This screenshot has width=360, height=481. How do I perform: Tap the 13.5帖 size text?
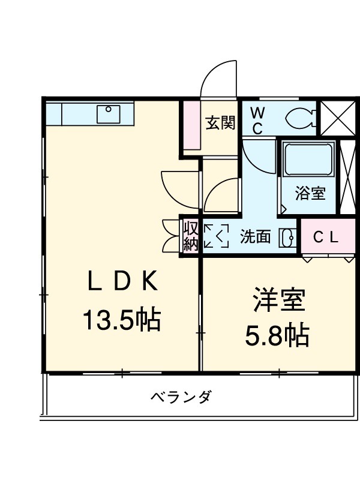[121, 320]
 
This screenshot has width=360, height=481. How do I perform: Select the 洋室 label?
[279, 300]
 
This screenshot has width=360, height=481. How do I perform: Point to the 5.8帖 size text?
[277, 336]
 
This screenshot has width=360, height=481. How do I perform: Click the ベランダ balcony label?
[180, 397]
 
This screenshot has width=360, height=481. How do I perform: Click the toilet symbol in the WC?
[300, 118]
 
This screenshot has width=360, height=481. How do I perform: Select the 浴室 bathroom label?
[310, 194]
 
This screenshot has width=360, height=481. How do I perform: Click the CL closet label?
[326, 237]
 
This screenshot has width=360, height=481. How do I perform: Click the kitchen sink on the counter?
[109, 112]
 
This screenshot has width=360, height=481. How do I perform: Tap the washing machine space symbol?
[217, 236]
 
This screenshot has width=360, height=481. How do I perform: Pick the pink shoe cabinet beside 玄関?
[191, 126]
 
